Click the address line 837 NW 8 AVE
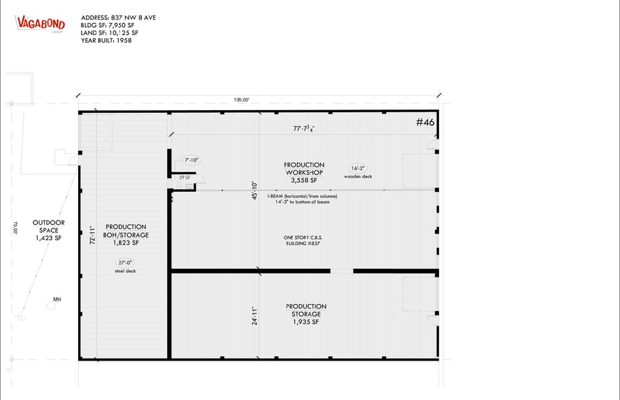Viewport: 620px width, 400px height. click(118, 17)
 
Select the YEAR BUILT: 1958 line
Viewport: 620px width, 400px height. click(106, 40)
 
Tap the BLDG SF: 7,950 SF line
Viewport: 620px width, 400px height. click(109, 24)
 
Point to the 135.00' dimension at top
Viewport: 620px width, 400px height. click(241, 99)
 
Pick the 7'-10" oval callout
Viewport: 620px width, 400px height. click(191, 161)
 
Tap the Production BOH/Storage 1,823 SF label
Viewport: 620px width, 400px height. click(125, 234)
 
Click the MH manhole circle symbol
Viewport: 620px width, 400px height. click(50, 306)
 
